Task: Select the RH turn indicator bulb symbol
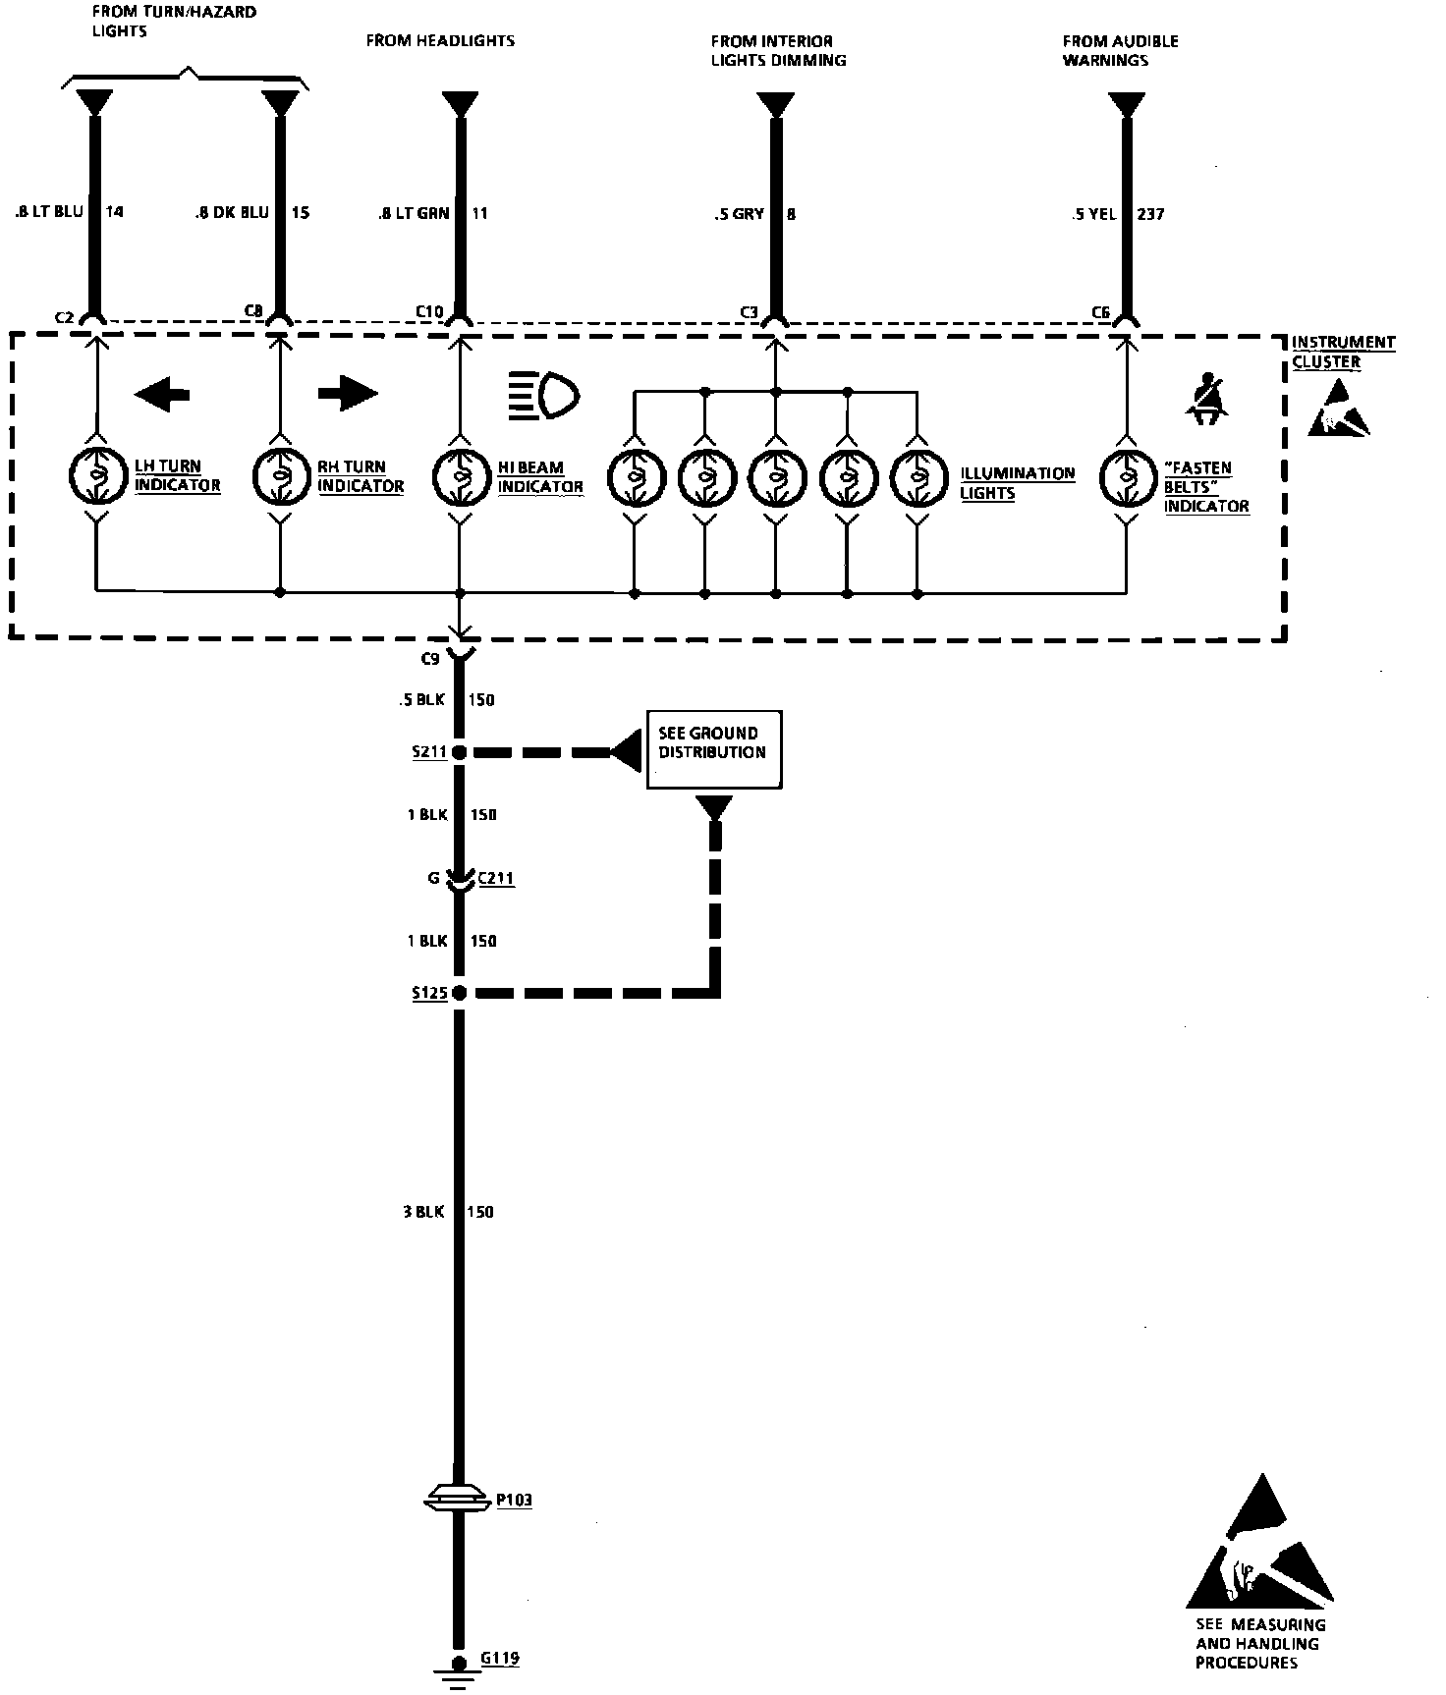(280, 476)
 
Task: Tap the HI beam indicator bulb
(460, 476)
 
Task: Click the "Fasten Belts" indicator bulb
(1126, 477)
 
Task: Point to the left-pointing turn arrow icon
(162, 395)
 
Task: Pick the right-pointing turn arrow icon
(347, 394)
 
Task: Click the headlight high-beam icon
(544, 395)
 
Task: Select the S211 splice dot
(459, 752)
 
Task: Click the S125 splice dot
(459, 993)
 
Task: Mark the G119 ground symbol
(458, 1668)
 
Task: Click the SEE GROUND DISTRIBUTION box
(713, 749)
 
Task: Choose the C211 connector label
(496, 878)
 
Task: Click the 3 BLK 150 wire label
(448, 1212)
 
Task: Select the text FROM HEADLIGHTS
(440, 41)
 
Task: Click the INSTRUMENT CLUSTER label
(1342, 352)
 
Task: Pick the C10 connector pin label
(429, 312)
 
